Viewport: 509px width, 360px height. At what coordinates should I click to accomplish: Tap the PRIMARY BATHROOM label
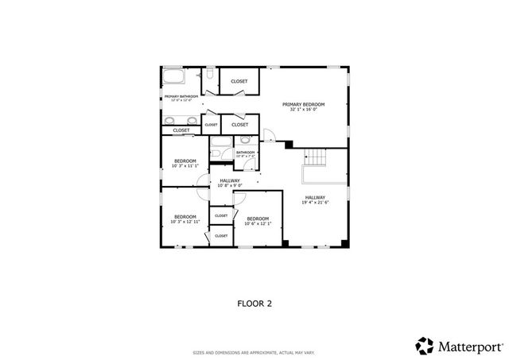tap(181, 96)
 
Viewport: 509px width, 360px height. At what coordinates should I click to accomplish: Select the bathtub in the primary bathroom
tap(174, 78)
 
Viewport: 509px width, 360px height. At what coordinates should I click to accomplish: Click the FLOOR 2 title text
tap(254, 303)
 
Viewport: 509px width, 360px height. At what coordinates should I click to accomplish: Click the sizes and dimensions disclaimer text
tap(254, 351)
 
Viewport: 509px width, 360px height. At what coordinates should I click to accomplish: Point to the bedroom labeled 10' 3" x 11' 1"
tap(185, 163)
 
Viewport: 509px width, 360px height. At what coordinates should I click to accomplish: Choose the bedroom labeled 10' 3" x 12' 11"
tap(185, 219)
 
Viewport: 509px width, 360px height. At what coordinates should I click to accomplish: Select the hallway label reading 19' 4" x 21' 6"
tap(315, 199)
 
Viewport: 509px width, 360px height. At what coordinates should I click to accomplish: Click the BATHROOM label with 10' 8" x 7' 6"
tap(245, 153)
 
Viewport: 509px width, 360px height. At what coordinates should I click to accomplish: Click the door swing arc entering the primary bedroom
tap(269, 137)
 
